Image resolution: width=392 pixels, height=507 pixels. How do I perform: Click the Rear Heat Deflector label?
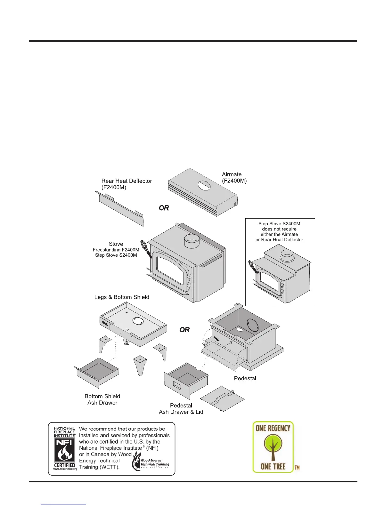127,184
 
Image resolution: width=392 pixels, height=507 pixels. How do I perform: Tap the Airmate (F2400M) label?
234,178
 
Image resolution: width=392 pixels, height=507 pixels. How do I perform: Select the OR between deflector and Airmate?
164,208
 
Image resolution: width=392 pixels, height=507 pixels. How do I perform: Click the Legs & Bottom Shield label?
122,297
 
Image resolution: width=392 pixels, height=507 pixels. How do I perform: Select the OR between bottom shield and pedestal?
184,330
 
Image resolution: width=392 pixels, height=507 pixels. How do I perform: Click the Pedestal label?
245,378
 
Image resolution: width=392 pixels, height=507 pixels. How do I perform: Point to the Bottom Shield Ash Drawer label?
102,399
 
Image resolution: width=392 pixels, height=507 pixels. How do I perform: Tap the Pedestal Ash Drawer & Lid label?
181,409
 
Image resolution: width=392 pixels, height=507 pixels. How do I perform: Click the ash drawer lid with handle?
222,398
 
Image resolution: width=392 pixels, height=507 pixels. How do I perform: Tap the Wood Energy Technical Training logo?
151,462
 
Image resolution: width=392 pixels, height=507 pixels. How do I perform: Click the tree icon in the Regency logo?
273,447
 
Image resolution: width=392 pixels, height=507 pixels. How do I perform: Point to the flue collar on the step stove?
287,256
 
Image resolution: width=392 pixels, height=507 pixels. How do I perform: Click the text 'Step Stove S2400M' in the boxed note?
279,224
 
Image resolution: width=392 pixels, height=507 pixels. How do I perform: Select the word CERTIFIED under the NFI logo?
65,465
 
